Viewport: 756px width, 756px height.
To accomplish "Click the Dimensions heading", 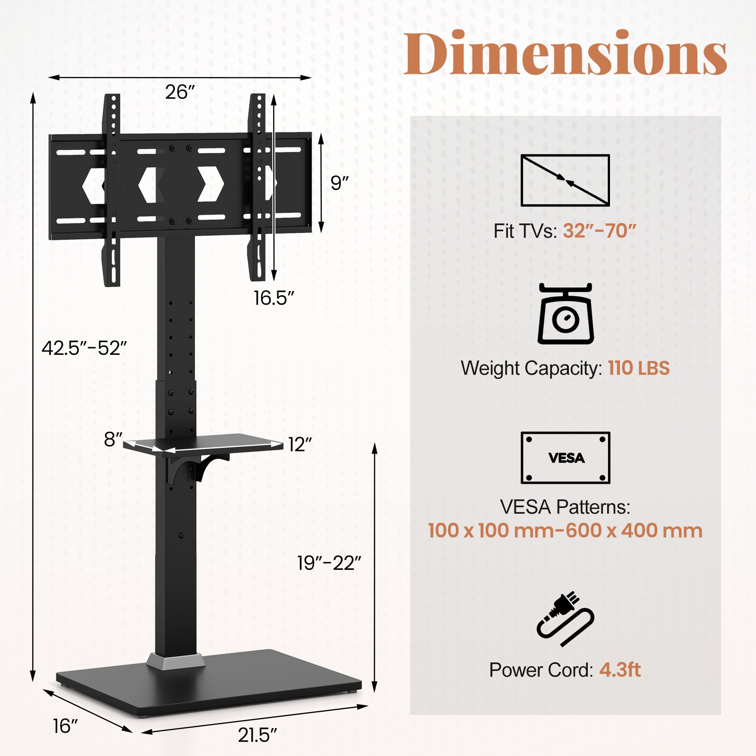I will [565, 53].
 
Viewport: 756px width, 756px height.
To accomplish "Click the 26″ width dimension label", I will [180, 92].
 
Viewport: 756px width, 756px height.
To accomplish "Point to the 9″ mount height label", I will [339, 183].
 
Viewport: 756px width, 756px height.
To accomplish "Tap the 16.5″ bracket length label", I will [274, 298].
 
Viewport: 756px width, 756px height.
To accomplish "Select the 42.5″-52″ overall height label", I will [84, 348].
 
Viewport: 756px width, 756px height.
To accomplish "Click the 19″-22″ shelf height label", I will [329, 563].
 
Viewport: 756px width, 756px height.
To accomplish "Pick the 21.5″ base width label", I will [257, 735].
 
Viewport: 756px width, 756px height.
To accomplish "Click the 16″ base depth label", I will [65, 726].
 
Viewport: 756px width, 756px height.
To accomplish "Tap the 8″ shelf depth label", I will [113, 439].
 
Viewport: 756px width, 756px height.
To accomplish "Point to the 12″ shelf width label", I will [300, 445].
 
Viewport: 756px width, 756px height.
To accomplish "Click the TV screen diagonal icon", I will [565, 180].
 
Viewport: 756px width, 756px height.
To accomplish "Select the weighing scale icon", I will [566, 314].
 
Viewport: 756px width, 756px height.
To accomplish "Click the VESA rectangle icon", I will [565, 457].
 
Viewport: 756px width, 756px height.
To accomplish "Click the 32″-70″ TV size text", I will [599, 231].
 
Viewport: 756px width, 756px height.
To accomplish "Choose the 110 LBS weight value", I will [638, 368].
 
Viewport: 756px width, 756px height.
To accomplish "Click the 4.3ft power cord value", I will [620, 670].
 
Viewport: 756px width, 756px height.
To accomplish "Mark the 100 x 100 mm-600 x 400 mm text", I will [565, 531].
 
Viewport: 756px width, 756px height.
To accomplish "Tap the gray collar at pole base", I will [175, 662].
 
